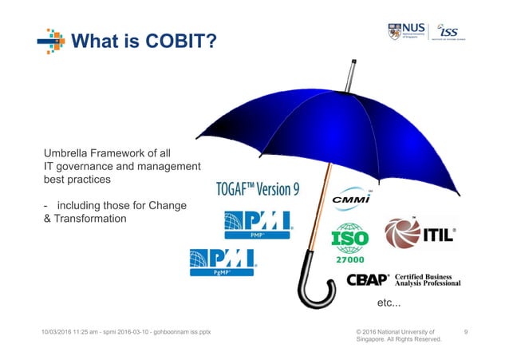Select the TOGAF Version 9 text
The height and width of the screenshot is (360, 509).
[x=258, y=189]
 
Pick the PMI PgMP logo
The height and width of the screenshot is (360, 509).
[x=222, y=261]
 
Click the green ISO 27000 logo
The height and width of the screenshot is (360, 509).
[x=350, y=240]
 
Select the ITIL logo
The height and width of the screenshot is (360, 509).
[x=420, y=234]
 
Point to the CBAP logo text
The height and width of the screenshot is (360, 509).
[x=368, y=280]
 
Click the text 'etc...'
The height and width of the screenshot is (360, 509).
[x=389, y=304]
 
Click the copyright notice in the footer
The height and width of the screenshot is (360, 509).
[x=397, y=334]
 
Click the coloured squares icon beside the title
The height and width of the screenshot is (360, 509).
[x=51, y=40]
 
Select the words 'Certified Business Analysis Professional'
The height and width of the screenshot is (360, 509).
[x=427, y=280]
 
